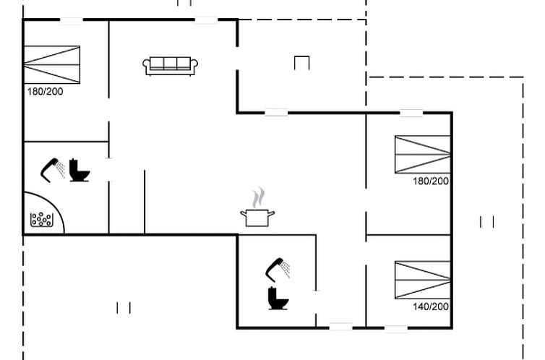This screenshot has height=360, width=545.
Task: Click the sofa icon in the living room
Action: (x=171, y=66)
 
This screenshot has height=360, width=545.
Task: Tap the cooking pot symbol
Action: (x=257, y=218)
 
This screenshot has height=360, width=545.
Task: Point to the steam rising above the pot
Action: (x=258, y=198)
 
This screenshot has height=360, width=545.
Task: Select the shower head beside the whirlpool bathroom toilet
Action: (x=53, y=170)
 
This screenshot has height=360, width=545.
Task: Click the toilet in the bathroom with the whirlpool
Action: (x=80, y=171)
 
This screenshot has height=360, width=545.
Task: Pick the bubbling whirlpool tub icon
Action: (x=42, y=220)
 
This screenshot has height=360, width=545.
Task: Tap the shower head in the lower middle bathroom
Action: (x=278, y=270)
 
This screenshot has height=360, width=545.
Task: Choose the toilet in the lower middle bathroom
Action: (x=278, y=298)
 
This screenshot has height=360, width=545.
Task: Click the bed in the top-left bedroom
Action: (x=52, y=64)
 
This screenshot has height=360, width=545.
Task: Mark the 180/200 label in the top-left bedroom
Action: (x=46, y=92)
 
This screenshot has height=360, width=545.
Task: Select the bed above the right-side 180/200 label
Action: (x=423, y=154)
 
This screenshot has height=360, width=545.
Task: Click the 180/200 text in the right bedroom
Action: (x=431, y=181)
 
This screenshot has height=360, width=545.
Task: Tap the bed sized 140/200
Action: (x=423, y=280)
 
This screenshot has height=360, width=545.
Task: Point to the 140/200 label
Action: (x=431, y=307)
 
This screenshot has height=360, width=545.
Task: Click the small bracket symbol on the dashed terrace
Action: (x=301, y=63)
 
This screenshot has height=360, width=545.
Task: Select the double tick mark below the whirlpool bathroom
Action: (x=124, y=308)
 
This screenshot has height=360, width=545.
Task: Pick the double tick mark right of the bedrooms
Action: (x=487, y=222)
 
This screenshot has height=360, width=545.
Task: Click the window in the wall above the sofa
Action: (x=207, y=20)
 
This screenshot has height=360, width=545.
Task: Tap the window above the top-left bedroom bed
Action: (x=72, y=20)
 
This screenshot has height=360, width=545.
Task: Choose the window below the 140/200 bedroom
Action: (x=396, y=327)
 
